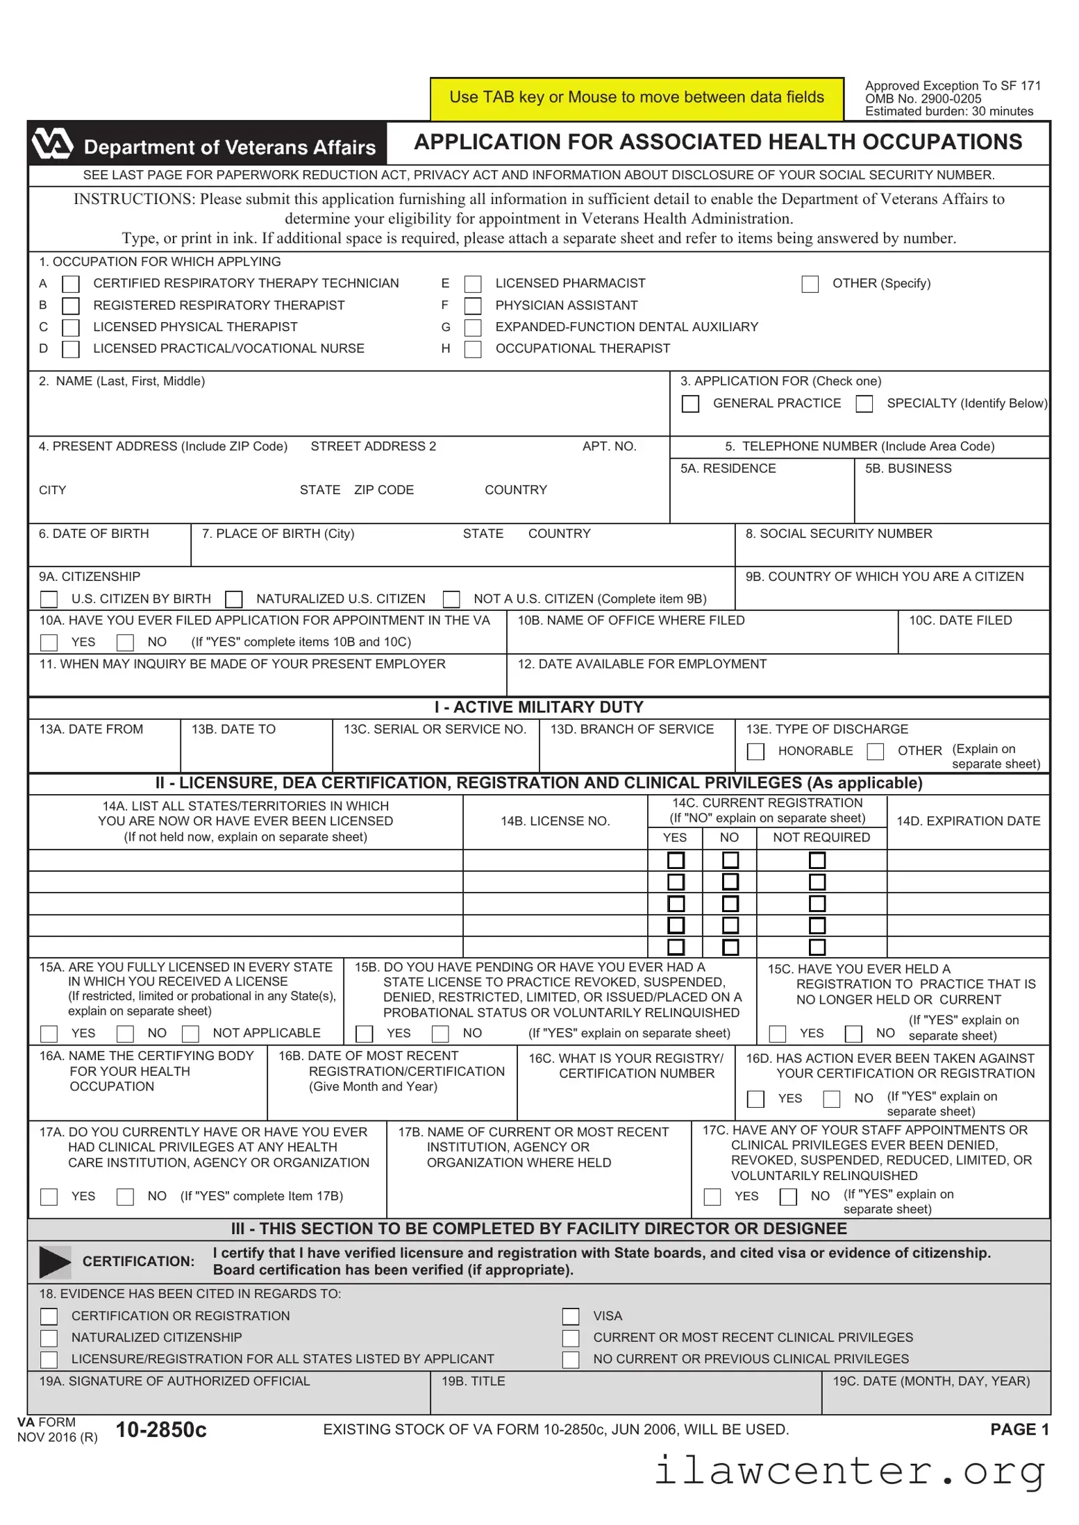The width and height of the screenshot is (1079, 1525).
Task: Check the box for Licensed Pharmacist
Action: point(473,284)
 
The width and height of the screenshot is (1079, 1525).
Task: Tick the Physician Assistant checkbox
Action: point(473,305)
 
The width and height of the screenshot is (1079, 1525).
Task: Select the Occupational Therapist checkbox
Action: point(473,348)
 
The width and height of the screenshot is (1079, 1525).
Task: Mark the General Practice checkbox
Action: point(690,404)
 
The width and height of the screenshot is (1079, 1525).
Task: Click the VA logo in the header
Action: point(53,144)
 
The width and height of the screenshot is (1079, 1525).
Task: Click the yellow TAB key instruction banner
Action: point(636,98)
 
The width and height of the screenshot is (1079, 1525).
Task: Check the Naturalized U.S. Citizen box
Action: point(234,599)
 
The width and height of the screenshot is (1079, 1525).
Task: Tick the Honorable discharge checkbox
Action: point(755,752)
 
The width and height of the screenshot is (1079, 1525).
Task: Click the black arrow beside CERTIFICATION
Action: point(55,1262)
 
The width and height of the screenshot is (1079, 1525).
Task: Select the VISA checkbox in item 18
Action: point(571,1316)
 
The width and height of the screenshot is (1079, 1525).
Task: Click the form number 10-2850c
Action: point(161,1430)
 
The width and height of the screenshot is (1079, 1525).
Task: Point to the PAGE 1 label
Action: point(1019,1429)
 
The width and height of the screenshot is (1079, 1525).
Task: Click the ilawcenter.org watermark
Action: point(850,1470)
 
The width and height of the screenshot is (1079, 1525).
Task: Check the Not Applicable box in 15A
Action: point(190,1034)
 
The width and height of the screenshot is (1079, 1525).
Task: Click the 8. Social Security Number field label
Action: point(838,534)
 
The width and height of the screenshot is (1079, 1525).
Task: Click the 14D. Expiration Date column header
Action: point(968,821)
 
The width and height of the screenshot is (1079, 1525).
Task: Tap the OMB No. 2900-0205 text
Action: point(923,99)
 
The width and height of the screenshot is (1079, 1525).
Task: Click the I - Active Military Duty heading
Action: point(539,707)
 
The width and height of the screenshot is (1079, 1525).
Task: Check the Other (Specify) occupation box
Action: point(810,284)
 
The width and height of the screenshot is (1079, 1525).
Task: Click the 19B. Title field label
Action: point(473,1381)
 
